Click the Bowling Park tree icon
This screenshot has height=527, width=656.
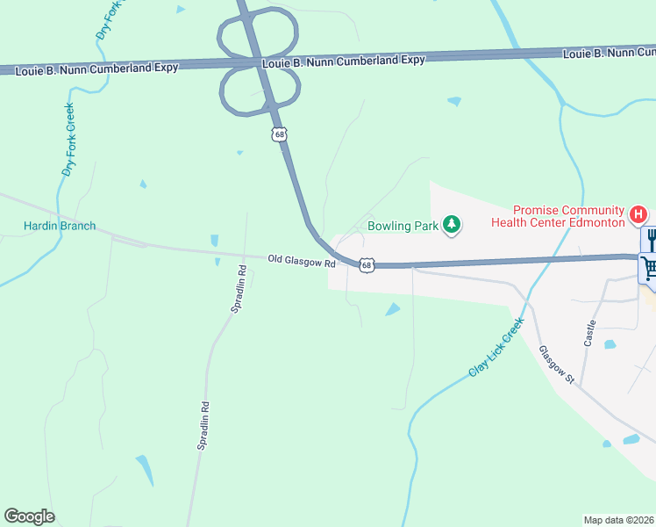(452, 226)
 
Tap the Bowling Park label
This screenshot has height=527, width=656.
(403, 226)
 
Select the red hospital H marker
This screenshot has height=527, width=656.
(639, 213)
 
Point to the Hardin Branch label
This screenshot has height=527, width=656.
(60, 226)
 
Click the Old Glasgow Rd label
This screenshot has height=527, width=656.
(302, 263)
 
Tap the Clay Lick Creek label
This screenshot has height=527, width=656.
(496, 347)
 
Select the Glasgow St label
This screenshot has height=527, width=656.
(557, 365)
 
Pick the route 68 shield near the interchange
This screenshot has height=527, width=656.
(279, 134)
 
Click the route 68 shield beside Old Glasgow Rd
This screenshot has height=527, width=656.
(367, 264)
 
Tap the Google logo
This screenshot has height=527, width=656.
(29, 516)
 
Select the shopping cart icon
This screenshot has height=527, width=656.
(650, 267)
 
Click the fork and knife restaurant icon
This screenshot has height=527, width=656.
(651, 239)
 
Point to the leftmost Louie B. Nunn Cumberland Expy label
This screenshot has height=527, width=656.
(97, 67)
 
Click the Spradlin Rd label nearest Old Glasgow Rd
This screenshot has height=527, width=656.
(236, 298)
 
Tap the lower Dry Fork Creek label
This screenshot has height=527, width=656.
(68, 141)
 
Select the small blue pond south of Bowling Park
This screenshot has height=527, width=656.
(392, 309)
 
